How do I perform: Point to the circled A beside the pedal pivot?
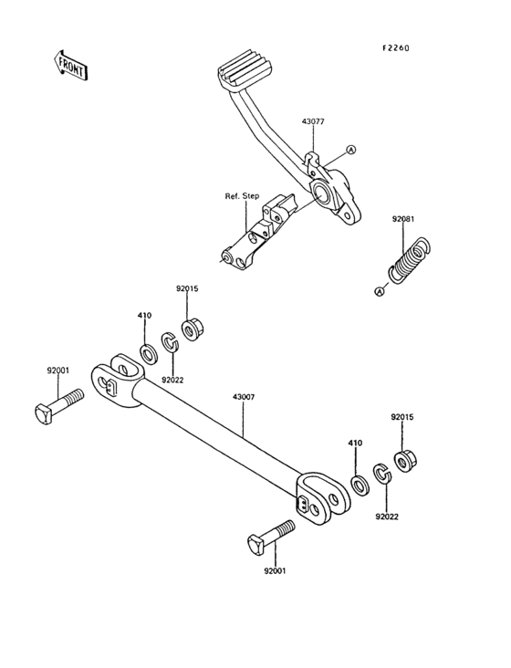coord(350,151)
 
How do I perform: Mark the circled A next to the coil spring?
coord(379,290)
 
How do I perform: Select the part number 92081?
coord(403,219)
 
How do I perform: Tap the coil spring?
coord(410,260)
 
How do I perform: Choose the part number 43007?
coord(244,397)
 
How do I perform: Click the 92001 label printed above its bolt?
coord(59,371)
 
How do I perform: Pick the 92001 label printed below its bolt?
coord(274,570)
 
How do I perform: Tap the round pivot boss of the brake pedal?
coord(322,193)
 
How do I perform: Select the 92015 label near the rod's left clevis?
coord(187,288)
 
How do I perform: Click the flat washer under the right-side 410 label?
coord(360,482)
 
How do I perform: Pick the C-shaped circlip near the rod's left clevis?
coord(170,342)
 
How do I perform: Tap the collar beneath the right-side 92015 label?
coord(404,458)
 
